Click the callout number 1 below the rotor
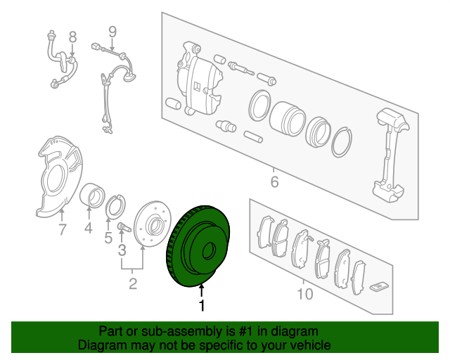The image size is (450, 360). coord(202,306)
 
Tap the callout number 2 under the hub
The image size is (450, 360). coord(132,284)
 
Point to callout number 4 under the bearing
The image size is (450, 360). coord(89,228)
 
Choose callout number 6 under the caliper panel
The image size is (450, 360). coord(274,183)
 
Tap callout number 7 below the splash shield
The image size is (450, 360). coord(61,229)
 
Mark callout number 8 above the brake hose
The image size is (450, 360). coord(72,36)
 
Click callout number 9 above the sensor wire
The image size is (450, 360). coord(112,31)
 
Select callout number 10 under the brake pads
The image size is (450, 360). coord(304,294)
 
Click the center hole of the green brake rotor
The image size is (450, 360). coord(209,251)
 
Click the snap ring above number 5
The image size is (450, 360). coord(115,207)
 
